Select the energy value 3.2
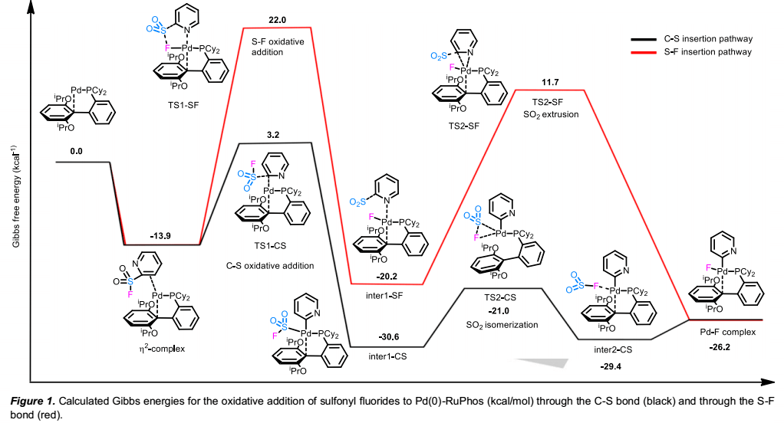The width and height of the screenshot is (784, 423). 272,135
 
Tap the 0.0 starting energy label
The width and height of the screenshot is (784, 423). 76,152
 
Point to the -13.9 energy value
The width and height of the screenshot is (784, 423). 161,236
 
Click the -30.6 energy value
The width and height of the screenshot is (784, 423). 387,337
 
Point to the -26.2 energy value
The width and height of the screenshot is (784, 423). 724,346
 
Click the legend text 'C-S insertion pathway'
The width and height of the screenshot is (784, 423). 707,38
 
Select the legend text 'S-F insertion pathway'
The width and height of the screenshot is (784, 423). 707,52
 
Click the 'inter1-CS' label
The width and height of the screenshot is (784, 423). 387,357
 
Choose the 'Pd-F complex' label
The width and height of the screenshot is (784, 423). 724,333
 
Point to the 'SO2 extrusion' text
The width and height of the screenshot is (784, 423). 550,114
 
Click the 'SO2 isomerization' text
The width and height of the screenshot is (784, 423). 502,324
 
